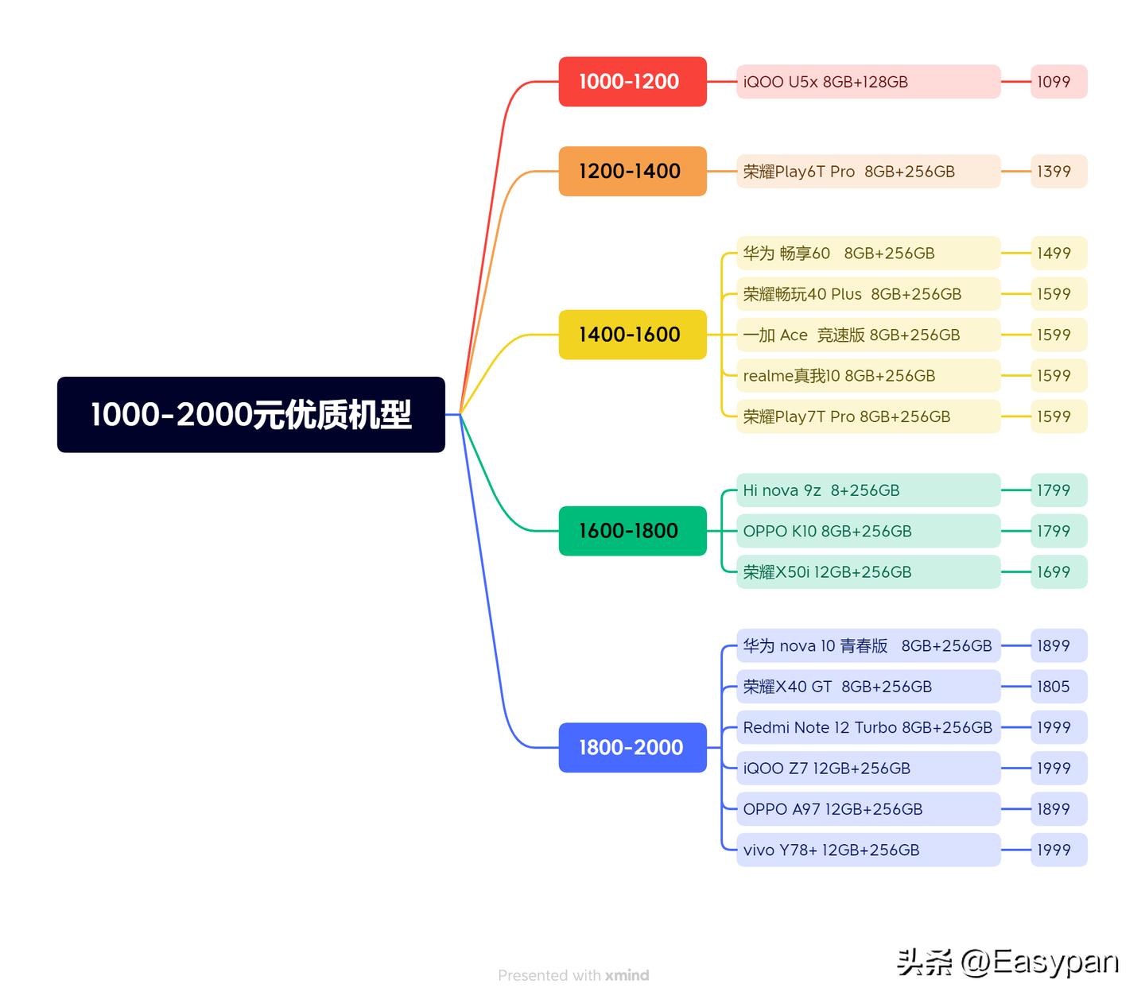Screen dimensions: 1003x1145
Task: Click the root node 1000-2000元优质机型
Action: pyautogui.click(x=250, y=414)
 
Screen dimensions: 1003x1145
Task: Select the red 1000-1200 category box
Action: pyautogui.click(x=632, y=81)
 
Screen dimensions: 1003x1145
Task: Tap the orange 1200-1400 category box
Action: pyautogui.click(x=632, y=171)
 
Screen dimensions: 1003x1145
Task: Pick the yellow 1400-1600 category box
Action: pyautogui.click(x=632, y=335)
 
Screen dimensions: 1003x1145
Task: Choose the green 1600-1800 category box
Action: pyautogui.click(x=632, y=531)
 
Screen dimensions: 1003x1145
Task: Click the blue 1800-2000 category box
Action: pyautogui.click(x=632, y=747)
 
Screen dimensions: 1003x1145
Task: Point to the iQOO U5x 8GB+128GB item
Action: pyautogui.click(x=867, y=82)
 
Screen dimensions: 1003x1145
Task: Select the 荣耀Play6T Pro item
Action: pyautogui.click(x=867, y=172)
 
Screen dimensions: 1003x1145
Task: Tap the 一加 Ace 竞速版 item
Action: pyautogui.click(x=867, y=335)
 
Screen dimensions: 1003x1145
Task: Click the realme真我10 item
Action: pyautogui.click(x=867, y=376)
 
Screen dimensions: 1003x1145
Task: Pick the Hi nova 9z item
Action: pyautogui.click(x=867, y=490)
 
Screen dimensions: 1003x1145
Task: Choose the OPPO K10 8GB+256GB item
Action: pyautogui.click(x=867, y=531)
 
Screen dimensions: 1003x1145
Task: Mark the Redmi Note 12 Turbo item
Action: pyautogui.click(x=867, y=727)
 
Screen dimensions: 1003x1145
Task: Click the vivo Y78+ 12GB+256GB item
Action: pyautogui.click(x=867, y=850)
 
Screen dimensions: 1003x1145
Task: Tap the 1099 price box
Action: pyautogui.click(x=1058, y=82)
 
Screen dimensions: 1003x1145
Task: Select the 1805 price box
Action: pyautogui.click(x=1058, y=687)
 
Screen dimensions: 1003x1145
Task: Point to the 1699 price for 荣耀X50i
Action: pyautogui.click(x=1058, y=572)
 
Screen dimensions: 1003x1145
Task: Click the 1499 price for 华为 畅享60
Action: pyautogui.click(x=1058, y=254)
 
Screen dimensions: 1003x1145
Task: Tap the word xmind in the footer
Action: pyautogui.click(x=627, y=975)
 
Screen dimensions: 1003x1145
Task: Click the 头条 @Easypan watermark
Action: pyautogui.click(x=1007, y=962)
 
